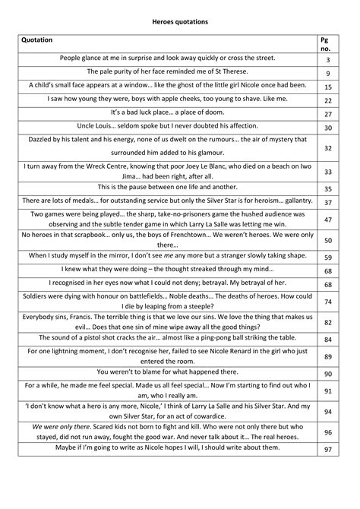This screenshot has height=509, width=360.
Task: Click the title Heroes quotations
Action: [x=181, y=23]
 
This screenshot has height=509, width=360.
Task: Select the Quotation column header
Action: [x=39, y=40]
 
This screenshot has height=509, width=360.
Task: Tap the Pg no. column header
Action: [x=327, y=44]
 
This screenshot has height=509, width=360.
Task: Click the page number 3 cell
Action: [x=328, y=60]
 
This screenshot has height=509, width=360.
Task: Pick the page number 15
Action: [x=328, y=87]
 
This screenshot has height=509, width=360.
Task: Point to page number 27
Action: [x=328, y=115]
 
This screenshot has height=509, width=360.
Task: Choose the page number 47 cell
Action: [x=328, y=220]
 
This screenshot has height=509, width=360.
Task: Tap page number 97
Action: [x=328, y=450]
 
